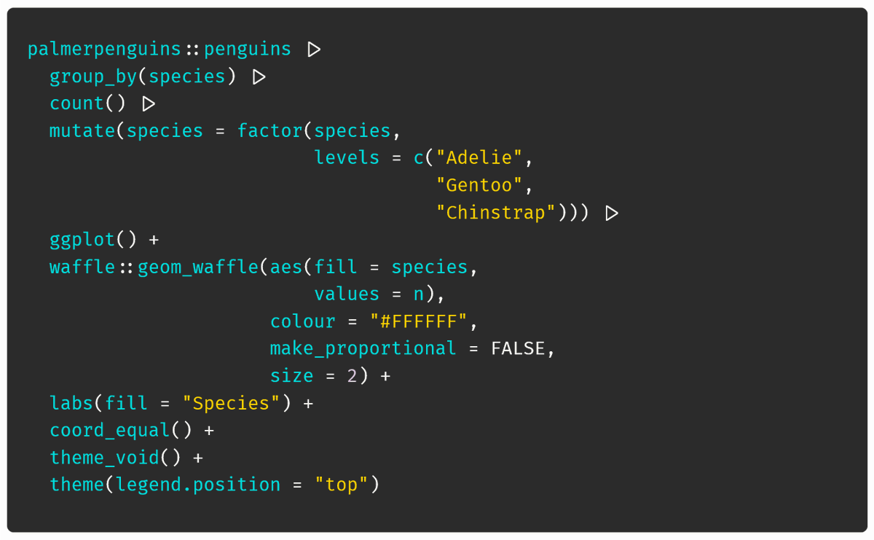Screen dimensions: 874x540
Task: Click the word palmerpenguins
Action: click(104, 50)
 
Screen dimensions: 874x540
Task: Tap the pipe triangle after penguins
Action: click(314, 50)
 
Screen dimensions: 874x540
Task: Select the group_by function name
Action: click(93, 77)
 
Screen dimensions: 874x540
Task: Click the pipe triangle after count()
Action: click(149, 104)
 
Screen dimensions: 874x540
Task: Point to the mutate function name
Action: click(82, 130)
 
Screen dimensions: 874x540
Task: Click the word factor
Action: click(270, 130)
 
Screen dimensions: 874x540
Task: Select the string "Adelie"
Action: click(479, 157)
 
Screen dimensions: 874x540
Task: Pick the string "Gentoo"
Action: click(479, 185)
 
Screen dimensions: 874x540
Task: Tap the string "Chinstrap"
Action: click(495, 213)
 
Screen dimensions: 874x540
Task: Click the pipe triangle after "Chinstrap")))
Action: click(611, 214)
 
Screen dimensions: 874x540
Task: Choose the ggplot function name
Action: click(82, 240)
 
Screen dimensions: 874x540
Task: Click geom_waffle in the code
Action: click(198, 267)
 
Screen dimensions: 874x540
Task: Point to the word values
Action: click(347, 294)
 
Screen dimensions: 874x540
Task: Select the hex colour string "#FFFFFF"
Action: click(418, 321)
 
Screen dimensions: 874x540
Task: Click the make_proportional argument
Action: click(363, 348)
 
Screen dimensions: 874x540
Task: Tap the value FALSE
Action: click(518, 348)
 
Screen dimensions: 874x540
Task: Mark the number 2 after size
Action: click(352, 376)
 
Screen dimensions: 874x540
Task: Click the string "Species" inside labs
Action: click(231, 403)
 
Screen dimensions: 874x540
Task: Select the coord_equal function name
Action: click(110, 430)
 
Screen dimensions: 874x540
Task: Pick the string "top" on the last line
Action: click(342, 485)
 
